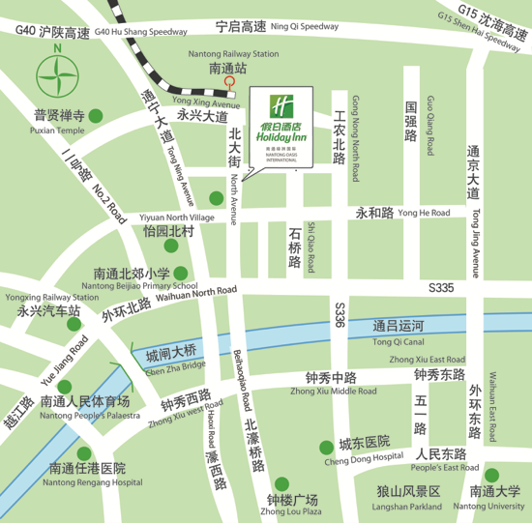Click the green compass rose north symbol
coord(57,73)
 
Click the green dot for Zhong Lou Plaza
coord(281,483)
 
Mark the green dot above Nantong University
coord(491,475)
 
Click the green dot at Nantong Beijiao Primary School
coord(183,274)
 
